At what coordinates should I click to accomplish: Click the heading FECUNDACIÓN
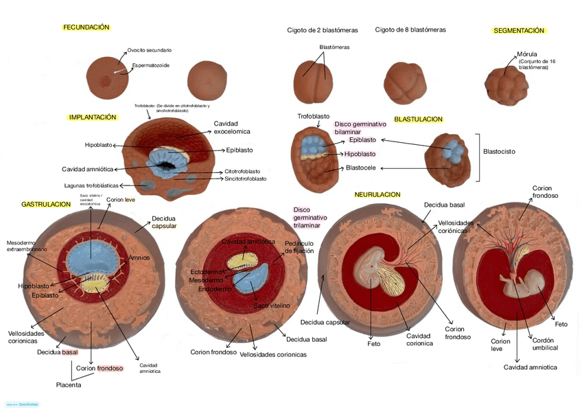pos(86,27)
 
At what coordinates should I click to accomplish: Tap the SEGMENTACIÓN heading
pos(518,31)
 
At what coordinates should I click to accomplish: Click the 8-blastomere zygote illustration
pos(405,81)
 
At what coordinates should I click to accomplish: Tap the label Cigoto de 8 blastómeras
pos(410,30)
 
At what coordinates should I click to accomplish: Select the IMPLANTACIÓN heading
pos(93,117)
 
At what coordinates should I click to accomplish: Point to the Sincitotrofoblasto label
pos(245,179)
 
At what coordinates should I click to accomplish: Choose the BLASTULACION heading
pos(418,119)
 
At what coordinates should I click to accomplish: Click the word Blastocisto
pos(499,151)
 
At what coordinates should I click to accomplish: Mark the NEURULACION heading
pos(377,195)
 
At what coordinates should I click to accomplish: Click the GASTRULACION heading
pos(46,205)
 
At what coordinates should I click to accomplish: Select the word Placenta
pos(69,385)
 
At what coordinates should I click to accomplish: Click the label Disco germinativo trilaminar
pos(310,217)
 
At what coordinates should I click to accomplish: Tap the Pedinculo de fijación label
pos(299,247)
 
